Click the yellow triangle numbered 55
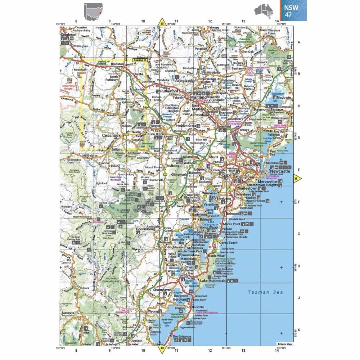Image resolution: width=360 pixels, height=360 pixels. click(x=162, y=23)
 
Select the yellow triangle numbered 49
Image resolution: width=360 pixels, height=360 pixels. click(x=162, y=348)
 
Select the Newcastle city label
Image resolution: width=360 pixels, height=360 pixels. click(x=279, y=172)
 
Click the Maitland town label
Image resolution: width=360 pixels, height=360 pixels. click(x=198, y=97)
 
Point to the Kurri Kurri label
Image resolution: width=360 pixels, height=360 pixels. click(x=156, y=134)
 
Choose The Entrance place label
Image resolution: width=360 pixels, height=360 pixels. click(x=181, y=337)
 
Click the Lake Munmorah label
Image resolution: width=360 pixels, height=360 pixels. click(x=213, y=280)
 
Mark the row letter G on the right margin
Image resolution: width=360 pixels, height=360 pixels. click(x=298, y=234)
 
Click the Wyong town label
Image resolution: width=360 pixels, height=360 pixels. click(x=153, y=311)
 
